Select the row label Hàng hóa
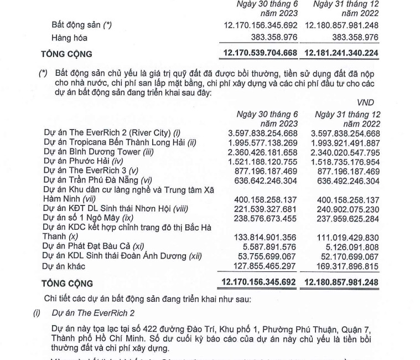[70, 38]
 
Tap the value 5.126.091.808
[352, 246]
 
